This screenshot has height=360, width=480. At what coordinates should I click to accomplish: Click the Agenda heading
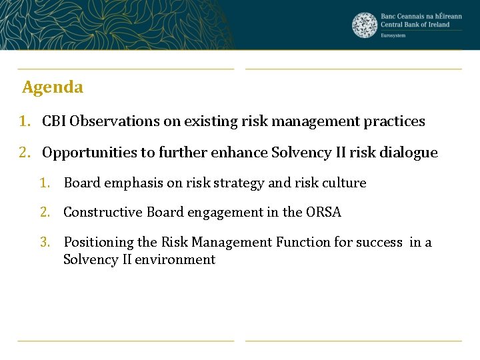pyautogui.click(x=53, y=87)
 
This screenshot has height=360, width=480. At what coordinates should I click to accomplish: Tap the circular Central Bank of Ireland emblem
pyautogui.click(x=365, y=25)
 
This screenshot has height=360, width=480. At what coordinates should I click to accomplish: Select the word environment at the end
pyautogui.click(x=175, y=259)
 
